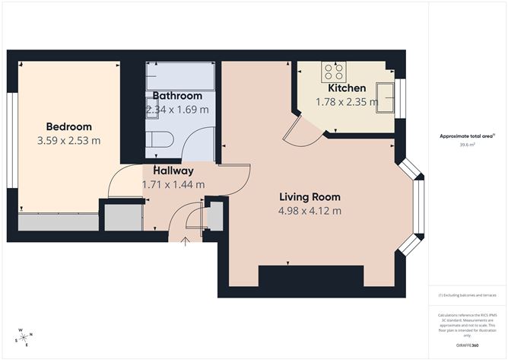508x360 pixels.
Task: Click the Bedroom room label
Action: [68, 126]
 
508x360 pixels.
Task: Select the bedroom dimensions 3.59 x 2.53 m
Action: [68, 140]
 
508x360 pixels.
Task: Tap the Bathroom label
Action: [177, 96]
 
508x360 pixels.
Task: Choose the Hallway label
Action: [173, 170]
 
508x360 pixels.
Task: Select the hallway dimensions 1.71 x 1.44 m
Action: [173, 184]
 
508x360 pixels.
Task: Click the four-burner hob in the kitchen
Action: [333, 72]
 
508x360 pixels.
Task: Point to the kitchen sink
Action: [383, 97]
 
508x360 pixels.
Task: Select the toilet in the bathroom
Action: [157, 139]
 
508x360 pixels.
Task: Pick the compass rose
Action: [24, 337]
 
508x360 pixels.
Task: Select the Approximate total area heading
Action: [467, 135]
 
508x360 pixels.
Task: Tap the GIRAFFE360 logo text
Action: [467, 346]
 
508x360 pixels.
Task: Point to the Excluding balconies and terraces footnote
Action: [467, 295]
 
